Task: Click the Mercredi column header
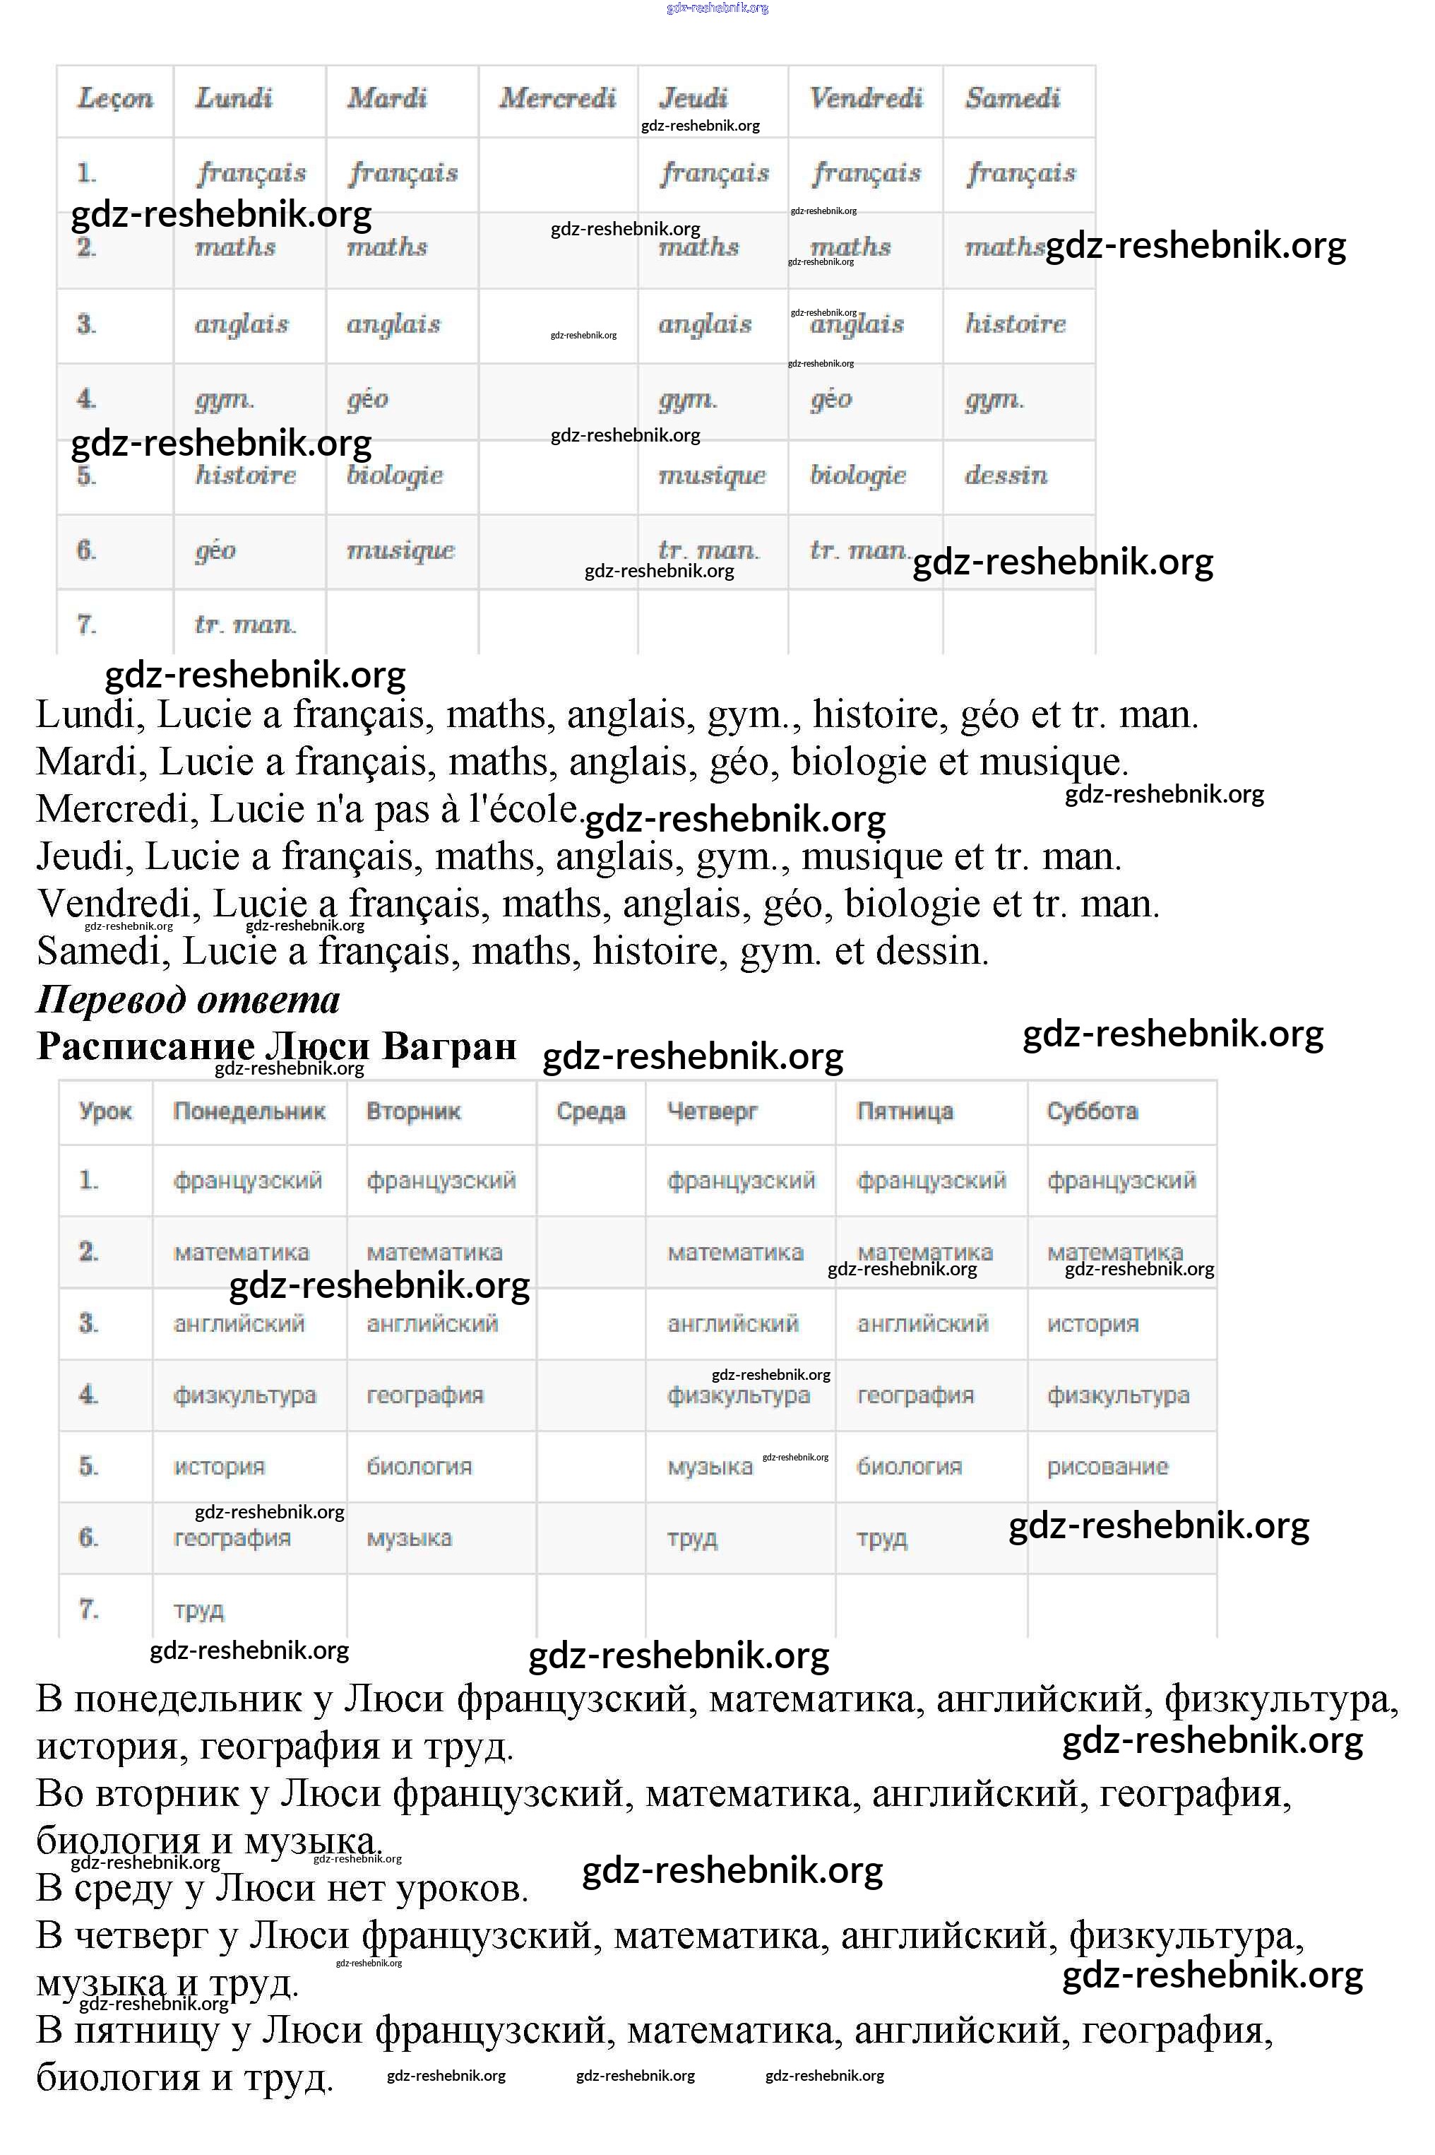click(556, 98)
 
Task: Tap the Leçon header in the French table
click(114, 98)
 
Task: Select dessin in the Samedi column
click(1005, 475)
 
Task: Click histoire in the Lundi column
click(245, 475)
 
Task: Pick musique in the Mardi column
click(400, 550)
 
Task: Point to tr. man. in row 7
click(245, 625)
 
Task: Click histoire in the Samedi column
click(1015, 324)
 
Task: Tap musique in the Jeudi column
click(711, 475)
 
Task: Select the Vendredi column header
click(865, 98)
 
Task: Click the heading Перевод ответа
click(188, 999)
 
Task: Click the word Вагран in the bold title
click(449, 1046)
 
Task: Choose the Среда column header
click(590, 1111)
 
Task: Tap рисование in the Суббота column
click(1107, 1467)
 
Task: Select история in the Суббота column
click(1092, 1324)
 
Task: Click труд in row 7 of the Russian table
click(198, 1610)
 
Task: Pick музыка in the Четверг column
click(709, 1467)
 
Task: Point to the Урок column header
click(105, 1111)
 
